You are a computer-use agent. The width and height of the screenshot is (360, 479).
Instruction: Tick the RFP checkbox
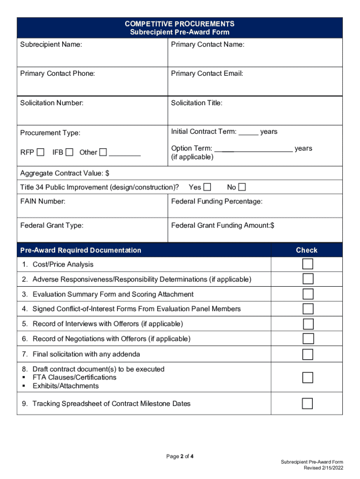(41, 152)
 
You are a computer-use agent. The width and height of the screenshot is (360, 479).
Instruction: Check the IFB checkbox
(69, 152)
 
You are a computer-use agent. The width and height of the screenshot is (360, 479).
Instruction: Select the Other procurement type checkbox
(103, 152)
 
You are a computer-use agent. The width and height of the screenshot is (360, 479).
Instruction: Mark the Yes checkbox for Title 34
(207, 187)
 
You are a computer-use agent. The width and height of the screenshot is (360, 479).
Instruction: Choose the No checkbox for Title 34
(242, 187)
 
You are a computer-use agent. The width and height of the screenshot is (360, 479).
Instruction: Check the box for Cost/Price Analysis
(308, 264)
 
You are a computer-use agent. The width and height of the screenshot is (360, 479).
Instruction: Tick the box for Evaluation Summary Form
(308, 294)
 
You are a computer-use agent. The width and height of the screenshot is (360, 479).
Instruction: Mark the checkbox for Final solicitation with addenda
(308, 354)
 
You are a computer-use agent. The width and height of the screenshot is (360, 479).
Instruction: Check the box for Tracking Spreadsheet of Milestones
(308, 403)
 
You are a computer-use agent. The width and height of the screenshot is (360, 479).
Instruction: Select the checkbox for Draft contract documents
(308, 377)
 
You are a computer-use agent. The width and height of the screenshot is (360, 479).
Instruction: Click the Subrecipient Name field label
(51, 44)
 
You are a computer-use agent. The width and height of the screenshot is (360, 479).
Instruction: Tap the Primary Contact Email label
(207, 73)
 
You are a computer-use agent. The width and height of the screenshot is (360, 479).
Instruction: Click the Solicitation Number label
(52, 102)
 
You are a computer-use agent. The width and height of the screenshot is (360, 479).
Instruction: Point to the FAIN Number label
(43, 202)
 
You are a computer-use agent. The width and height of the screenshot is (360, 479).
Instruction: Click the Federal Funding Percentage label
(217, 202)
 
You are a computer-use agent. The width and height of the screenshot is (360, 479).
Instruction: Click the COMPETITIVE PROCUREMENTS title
(180, 24)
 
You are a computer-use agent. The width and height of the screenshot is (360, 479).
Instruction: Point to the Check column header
(307, 250)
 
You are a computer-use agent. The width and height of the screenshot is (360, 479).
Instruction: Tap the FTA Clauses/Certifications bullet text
(74, 377)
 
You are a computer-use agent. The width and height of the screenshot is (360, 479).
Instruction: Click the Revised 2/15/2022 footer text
(324, 468)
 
